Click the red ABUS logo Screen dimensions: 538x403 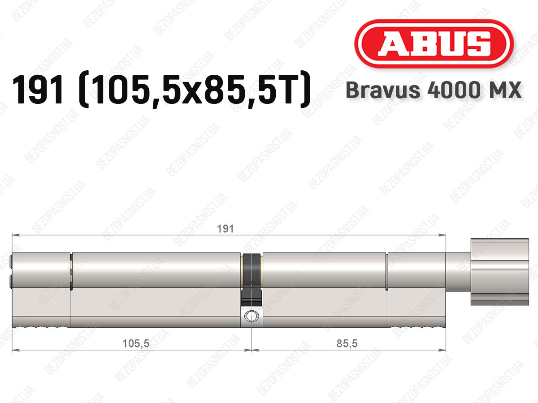coord(434,44)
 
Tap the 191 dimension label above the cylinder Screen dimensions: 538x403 coord(225,229)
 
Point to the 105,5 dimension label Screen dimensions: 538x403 coord(136,343)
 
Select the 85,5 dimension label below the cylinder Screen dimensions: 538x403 coord(347,343)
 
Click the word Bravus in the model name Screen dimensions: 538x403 coord(383,90)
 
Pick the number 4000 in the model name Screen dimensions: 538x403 coord(453,90)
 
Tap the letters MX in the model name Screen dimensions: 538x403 coord(504,90)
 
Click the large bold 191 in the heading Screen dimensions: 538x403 coord(38,90)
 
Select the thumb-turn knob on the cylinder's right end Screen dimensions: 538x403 coord(499,272)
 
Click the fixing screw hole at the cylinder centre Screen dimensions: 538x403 coord(252,316)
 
